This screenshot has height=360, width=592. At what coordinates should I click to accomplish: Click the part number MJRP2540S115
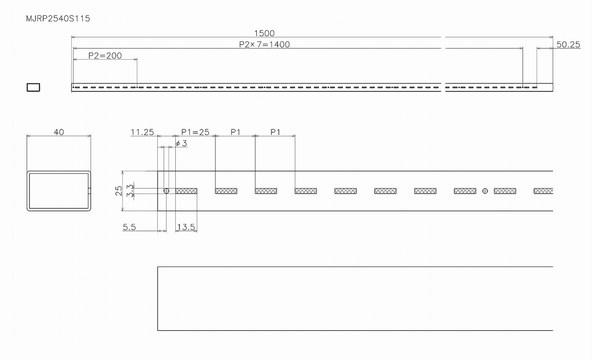coord(58,19)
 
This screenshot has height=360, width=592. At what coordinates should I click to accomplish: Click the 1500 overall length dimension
coord(264,33)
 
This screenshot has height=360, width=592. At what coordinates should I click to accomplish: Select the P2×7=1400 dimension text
coord(264,45)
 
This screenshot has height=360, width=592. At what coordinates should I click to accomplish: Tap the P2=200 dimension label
coord(105,55)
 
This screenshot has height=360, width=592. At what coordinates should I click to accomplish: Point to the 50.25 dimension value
coord(568,45)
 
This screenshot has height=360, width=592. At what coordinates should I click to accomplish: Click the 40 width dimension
coord(59,132)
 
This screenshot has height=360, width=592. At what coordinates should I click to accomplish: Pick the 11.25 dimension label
coord(142,132)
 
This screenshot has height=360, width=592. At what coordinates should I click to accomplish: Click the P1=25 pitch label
coord(195,132)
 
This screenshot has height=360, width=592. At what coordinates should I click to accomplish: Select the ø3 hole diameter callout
coord(181,143)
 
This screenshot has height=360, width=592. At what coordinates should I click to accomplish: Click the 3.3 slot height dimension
coord(129,190)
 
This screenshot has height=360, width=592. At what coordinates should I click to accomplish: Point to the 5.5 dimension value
coord(129,227)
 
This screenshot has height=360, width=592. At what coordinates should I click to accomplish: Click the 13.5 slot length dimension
coord(186,227)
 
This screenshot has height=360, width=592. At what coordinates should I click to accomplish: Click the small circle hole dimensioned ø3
coord(166,191)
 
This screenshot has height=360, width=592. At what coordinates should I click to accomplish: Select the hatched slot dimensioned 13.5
coord(186,191)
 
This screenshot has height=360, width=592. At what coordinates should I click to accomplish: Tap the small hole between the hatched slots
coord(485,191)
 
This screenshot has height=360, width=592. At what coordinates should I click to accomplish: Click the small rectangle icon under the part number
coord(33,87)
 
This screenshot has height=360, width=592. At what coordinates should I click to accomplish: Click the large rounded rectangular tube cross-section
coord(59,191)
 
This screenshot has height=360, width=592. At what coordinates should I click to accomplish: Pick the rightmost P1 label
coord(275,132)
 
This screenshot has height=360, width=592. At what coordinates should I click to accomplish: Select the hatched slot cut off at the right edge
coord(543,191)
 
